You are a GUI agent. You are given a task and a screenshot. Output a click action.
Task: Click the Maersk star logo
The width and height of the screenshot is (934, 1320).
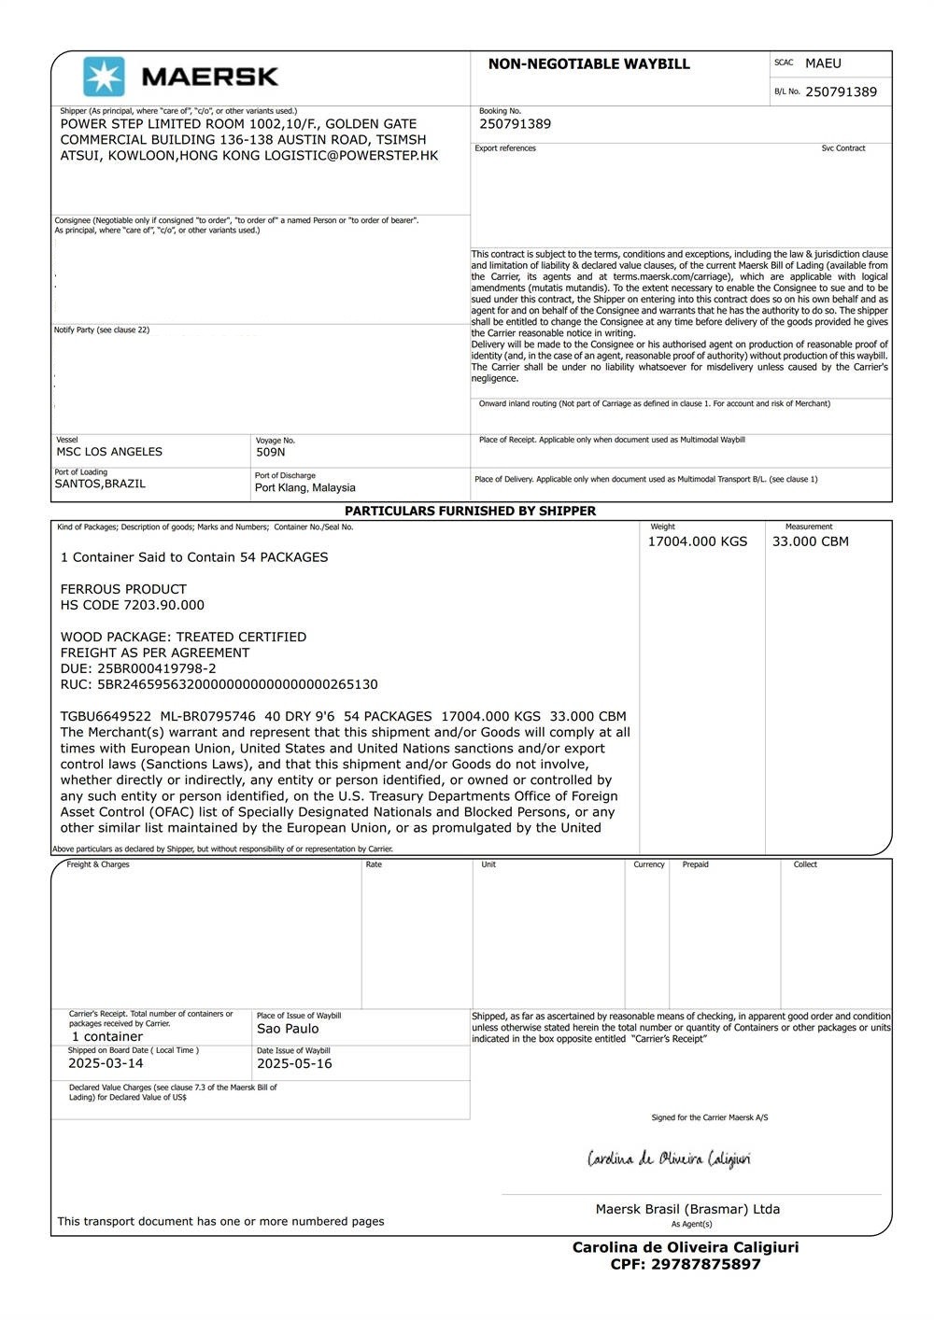[104, 77]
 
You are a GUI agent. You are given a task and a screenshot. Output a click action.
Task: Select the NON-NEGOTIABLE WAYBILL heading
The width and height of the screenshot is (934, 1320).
[588, 64]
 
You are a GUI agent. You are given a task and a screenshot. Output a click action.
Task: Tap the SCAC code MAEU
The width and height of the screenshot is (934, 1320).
[823, 63]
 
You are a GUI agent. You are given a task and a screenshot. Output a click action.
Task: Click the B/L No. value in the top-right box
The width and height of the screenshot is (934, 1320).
[841, 91]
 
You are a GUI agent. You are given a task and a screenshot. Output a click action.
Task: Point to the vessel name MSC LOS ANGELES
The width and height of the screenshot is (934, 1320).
[109, 452]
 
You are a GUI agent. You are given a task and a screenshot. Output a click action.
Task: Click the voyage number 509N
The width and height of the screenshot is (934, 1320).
[270, 453]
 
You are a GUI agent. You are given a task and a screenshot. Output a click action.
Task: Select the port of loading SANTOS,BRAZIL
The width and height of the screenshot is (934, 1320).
[100, 484]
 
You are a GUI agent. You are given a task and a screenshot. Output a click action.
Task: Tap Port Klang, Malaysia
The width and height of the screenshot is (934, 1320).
[304, 487]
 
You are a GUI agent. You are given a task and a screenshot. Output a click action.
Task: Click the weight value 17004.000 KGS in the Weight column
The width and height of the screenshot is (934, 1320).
[698, 541]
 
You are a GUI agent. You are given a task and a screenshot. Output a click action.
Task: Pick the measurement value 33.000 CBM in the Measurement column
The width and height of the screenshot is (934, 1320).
[810, 541]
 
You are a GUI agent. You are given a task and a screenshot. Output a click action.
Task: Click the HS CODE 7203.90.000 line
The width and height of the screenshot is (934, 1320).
[132, 605]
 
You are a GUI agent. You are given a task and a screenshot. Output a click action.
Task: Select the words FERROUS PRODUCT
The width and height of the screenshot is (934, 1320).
[123, 589]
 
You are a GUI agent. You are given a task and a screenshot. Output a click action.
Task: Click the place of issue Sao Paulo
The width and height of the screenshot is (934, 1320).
[288, 1029]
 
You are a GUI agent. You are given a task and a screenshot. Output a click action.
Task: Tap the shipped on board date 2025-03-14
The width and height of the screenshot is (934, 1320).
[106, 1063]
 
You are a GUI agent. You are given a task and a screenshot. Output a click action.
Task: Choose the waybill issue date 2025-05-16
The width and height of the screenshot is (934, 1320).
[294, 1063]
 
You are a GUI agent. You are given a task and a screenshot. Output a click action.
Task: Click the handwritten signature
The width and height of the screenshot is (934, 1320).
[669, 1159]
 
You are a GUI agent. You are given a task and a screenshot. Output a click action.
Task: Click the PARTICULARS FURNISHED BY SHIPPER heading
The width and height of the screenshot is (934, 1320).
[470, 512]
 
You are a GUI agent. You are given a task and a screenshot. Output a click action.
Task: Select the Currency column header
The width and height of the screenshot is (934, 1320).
[648, 864]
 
